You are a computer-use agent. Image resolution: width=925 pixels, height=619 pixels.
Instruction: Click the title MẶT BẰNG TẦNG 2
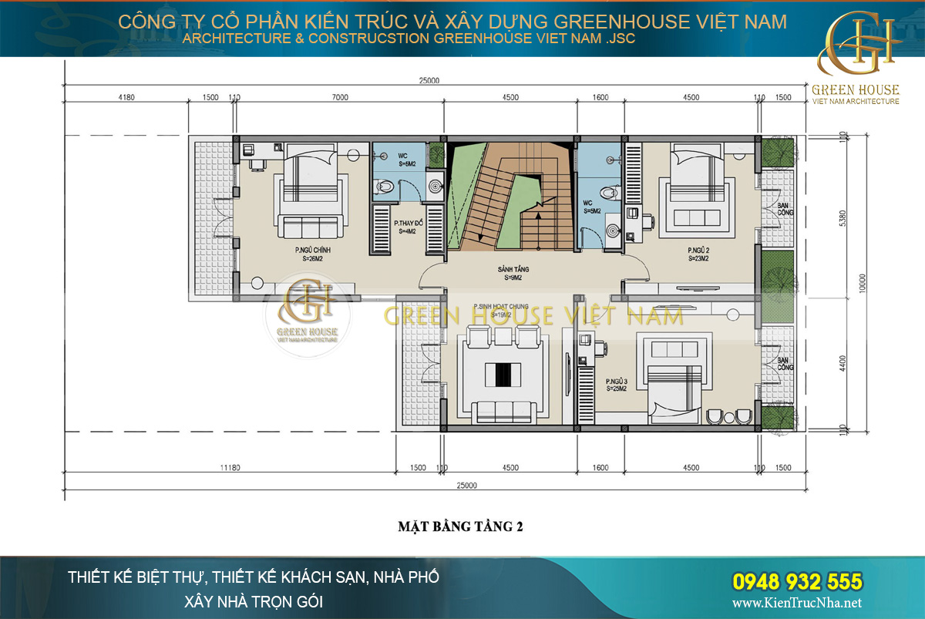tap(460, 527)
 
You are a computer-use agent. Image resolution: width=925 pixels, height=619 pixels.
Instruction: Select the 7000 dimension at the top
tap(340, 98)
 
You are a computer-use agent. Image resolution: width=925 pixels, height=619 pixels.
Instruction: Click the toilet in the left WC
tap(383, 185)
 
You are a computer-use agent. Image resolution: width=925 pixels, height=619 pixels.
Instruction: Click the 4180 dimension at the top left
tap(127, 98)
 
